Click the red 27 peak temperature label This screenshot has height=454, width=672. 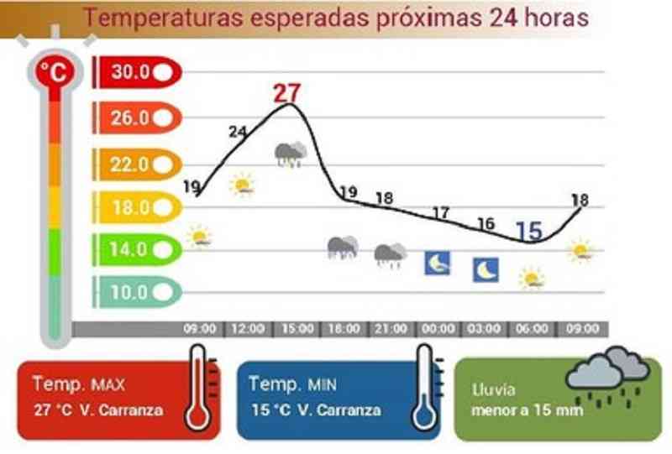pos(287,93)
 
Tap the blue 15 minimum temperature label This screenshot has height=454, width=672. pos(529,232)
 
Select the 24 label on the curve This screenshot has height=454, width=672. pos(238,132)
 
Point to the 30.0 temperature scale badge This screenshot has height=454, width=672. pos(137,72)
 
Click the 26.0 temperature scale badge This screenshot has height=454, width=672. pos(137,117)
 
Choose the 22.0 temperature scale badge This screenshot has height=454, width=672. pos(137,164)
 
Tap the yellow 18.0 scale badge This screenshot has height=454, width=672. pos(137,207)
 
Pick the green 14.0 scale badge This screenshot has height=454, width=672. pos(137,249)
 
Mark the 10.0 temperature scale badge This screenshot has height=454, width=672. pos(137,292)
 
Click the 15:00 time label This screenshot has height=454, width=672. pos(297,329)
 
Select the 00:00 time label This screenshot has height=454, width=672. pos(438,329)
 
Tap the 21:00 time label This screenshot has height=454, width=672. pos(391,329)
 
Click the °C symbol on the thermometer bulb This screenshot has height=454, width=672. pos(55,72)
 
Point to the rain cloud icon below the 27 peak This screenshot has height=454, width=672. pos(291,154)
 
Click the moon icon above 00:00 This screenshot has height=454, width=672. pos(437,263)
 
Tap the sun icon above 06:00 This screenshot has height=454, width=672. pos(532,279)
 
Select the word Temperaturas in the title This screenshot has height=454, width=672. pos(163,18)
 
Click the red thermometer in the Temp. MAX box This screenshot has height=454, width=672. pos(199,388)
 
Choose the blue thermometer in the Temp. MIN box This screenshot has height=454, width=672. pos(426,388)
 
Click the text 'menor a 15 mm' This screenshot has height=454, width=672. pos(528,410)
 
